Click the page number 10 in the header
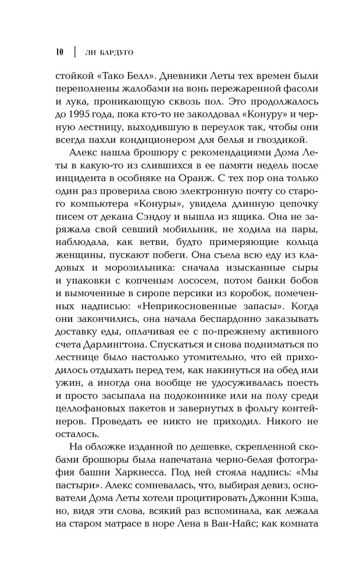[59, 52]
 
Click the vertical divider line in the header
[74, 52]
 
